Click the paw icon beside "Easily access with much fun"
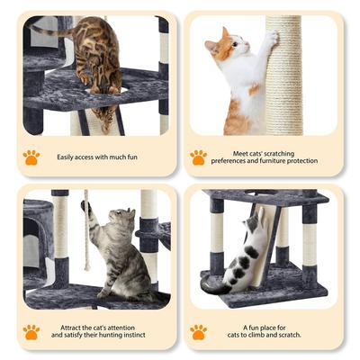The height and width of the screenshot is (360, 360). tap(31, 157)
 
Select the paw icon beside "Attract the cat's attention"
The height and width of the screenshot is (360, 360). tap(31, 331)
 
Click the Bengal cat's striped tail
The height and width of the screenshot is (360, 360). tap(49, 31)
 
